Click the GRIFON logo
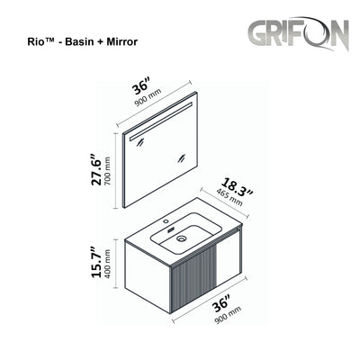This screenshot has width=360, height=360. point(299,35)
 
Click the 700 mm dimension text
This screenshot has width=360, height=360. point(109,169)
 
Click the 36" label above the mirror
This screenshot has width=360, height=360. point(142,87)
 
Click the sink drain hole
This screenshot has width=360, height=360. point(182,239)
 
